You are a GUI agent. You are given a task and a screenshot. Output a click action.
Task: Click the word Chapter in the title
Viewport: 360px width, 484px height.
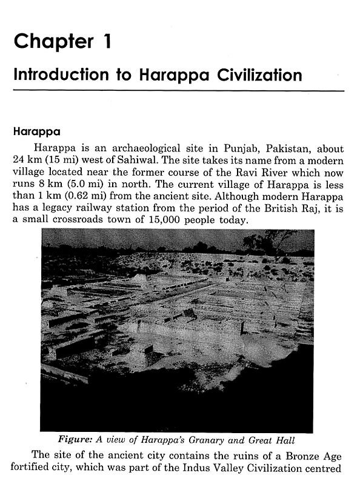[x=49, y=42]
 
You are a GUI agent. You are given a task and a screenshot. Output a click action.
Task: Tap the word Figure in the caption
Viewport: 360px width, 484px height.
[x=75, y=440]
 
